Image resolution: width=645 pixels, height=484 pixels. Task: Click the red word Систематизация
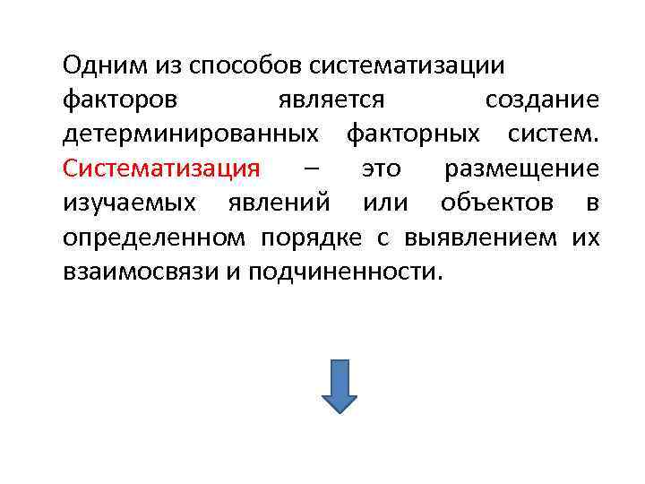[x=161, y=169]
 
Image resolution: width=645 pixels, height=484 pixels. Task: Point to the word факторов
[x=120, y=99]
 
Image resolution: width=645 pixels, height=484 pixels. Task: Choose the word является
[x=331, y=99]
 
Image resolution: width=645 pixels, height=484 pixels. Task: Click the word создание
[x=541, y=99]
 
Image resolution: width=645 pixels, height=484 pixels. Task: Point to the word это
[x=381, y=169]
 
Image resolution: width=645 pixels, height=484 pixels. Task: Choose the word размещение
[x=522, y=169]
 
